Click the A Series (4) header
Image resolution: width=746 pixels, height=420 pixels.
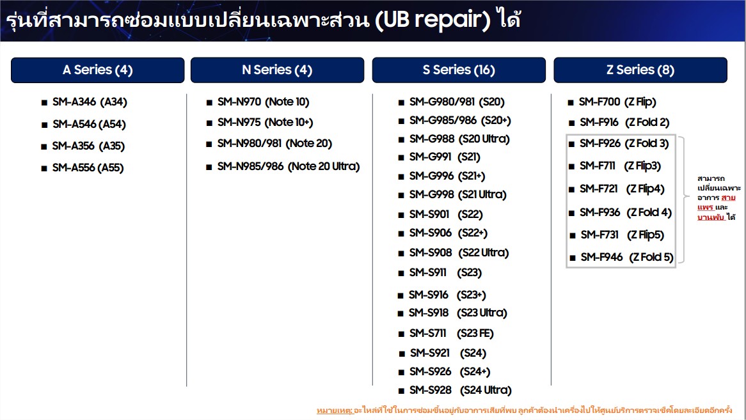tap(97, 70)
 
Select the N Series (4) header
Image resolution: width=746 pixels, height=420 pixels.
tap(277, 70)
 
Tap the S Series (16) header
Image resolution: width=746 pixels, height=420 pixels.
tap(459, 70)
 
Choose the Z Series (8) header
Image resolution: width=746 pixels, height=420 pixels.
tap(640, 70)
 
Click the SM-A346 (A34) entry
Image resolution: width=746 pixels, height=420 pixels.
tap(90, 102)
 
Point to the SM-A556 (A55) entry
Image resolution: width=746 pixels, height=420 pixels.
tap(88, 167)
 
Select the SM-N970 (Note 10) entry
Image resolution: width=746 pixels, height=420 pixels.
tap(263, 102)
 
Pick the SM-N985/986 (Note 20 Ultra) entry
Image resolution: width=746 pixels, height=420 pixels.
tap(289, 166)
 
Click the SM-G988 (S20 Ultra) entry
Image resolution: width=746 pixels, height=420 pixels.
tap(459, 139)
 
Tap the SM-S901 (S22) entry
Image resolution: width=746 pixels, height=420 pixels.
tap(446, 214)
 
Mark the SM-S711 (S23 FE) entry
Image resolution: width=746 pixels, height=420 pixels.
tap(452, 334)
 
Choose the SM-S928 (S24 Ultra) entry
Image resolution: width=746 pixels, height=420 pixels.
tap(461, 390)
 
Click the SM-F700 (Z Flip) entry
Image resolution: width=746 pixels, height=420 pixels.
tap(617, 102)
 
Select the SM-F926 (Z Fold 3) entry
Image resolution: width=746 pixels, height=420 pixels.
tap(624, 143)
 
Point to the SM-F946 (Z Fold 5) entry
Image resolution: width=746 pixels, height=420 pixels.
tap(627, 257)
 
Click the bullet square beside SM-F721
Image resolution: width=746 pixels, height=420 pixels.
tap(571, 190)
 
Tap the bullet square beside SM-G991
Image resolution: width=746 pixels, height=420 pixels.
tap(401, 158)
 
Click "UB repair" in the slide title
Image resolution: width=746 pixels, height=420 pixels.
tap(433, 20)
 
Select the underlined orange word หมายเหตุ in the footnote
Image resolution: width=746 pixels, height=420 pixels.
tap(335, 410)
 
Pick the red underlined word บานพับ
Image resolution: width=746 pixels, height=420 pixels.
tap(711, 217)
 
